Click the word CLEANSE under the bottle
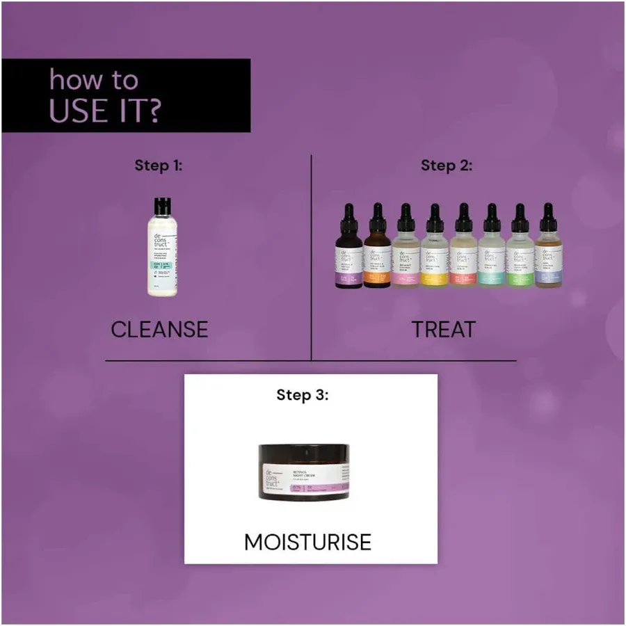tap(159, 328)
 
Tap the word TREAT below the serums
tap(443, 328)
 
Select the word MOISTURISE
tap(307, 542)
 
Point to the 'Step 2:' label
tap(447, 166)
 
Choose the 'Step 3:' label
tap(303, 395)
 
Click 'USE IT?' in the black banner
tap(104, 111)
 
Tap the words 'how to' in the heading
tap(93, 80)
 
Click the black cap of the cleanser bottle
tap(162, 205)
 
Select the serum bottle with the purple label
tap(349, 257)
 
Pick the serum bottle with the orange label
tap(378, 257)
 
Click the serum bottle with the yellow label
tap(435, 257)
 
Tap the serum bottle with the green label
tap(520, 257)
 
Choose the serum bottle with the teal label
tap(492, 257)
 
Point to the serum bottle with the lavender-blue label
tap(548, 257)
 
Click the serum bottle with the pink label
tap(406, 257)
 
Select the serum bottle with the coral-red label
tap(463, 257)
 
